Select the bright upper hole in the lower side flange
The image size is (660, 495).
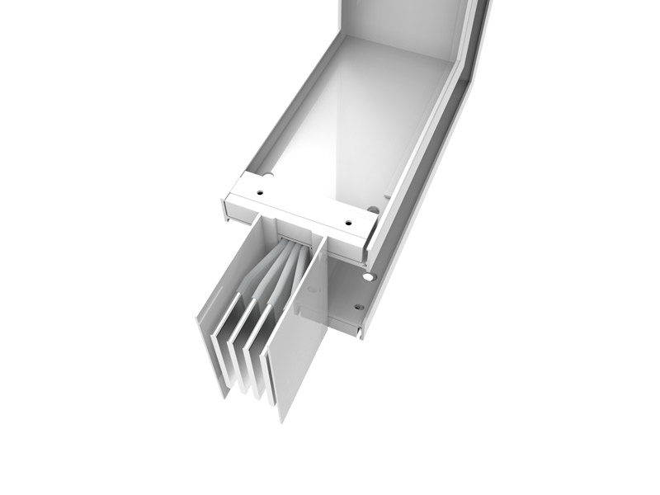[370, 277]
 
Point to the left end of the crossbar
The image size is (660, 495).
[227, 202]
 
